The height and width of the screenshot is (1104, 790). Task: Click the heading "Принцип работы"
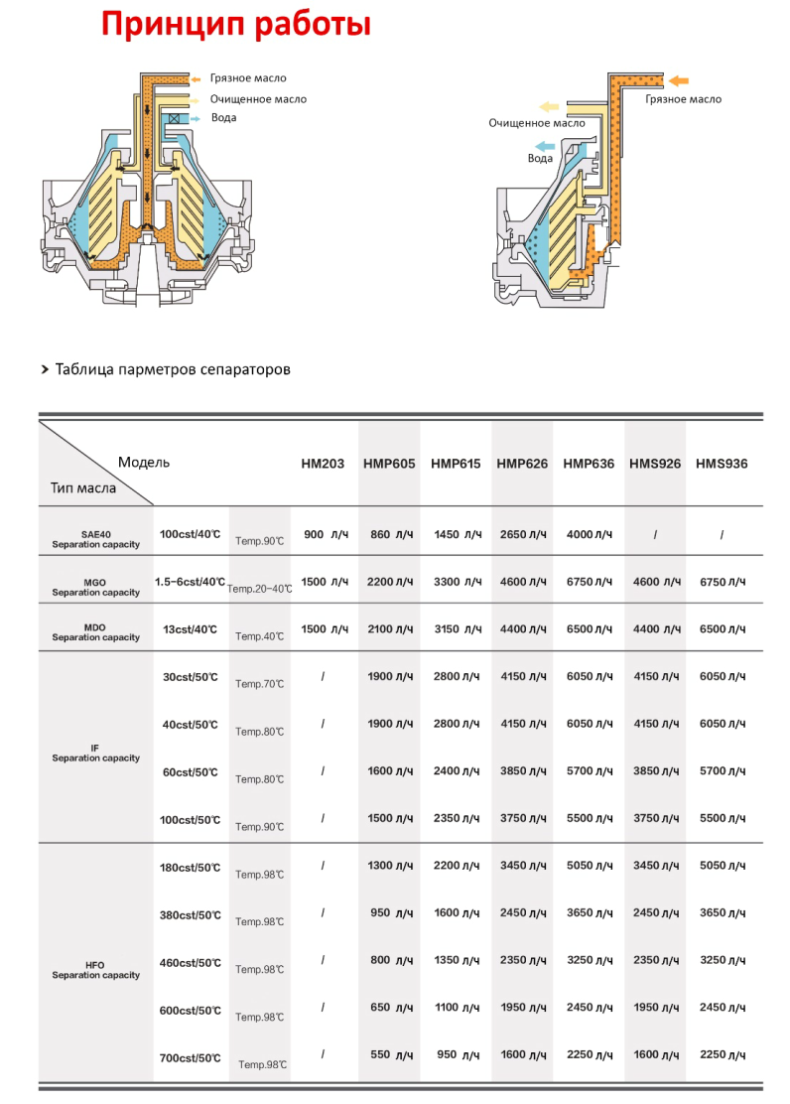tap(236, 24)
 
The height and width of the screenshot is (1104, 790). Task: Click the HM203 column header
tap(323, 464)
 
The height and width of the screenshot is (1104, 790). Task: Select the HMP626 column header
tap(522, 464)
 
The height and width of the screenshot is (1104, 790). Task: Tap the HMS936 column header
tap(722, 464)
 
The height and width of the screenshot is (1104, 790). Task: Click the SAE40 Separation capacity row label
tap(96, 539)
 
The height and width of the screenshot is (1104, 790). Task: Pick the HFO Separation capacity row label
tap(96, 970)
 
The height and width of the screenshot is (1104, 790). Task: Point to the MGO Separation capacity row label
tap(96, 587)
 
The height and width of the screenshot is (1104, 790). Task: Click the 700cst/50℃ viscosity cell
tap(190, 1058)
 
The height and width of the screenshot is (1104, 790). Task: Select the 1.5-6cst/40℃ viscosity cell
tap(190, 582)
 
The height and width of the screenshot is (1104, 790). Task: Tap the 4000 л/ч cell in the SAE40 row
tap(590, 535)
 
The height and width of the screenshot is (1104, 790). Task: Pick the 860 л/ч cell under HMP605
tap(391, 535)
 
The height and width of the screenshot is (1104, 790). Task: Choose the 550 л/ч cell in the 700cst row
tap(391, 1055)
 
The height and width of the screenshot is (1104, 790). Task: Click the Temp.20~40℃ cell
tap(260, 589)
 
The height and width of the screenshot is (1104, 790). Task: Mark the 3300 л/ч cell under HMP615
tap(458, 582)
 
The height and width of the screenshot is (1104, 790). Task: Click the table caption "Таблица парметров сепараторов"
tap(173, 369)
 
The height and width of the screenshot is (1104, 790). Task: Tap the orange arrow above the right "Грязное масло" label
tap(680, 80)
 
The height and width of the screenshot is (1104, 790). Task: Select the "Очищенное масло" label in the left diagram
tap(258, 99)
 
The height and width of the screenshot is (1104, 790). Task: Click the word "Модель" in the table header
tap(144, 462)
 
